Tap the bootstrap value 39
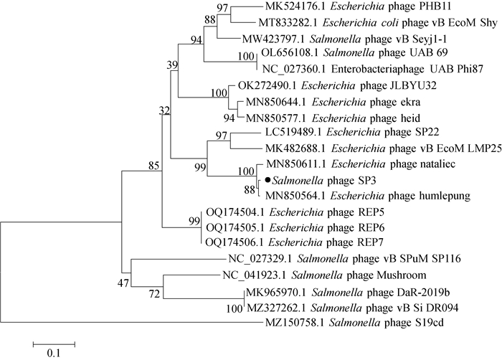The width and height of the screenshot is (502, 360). click(172, 66)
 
